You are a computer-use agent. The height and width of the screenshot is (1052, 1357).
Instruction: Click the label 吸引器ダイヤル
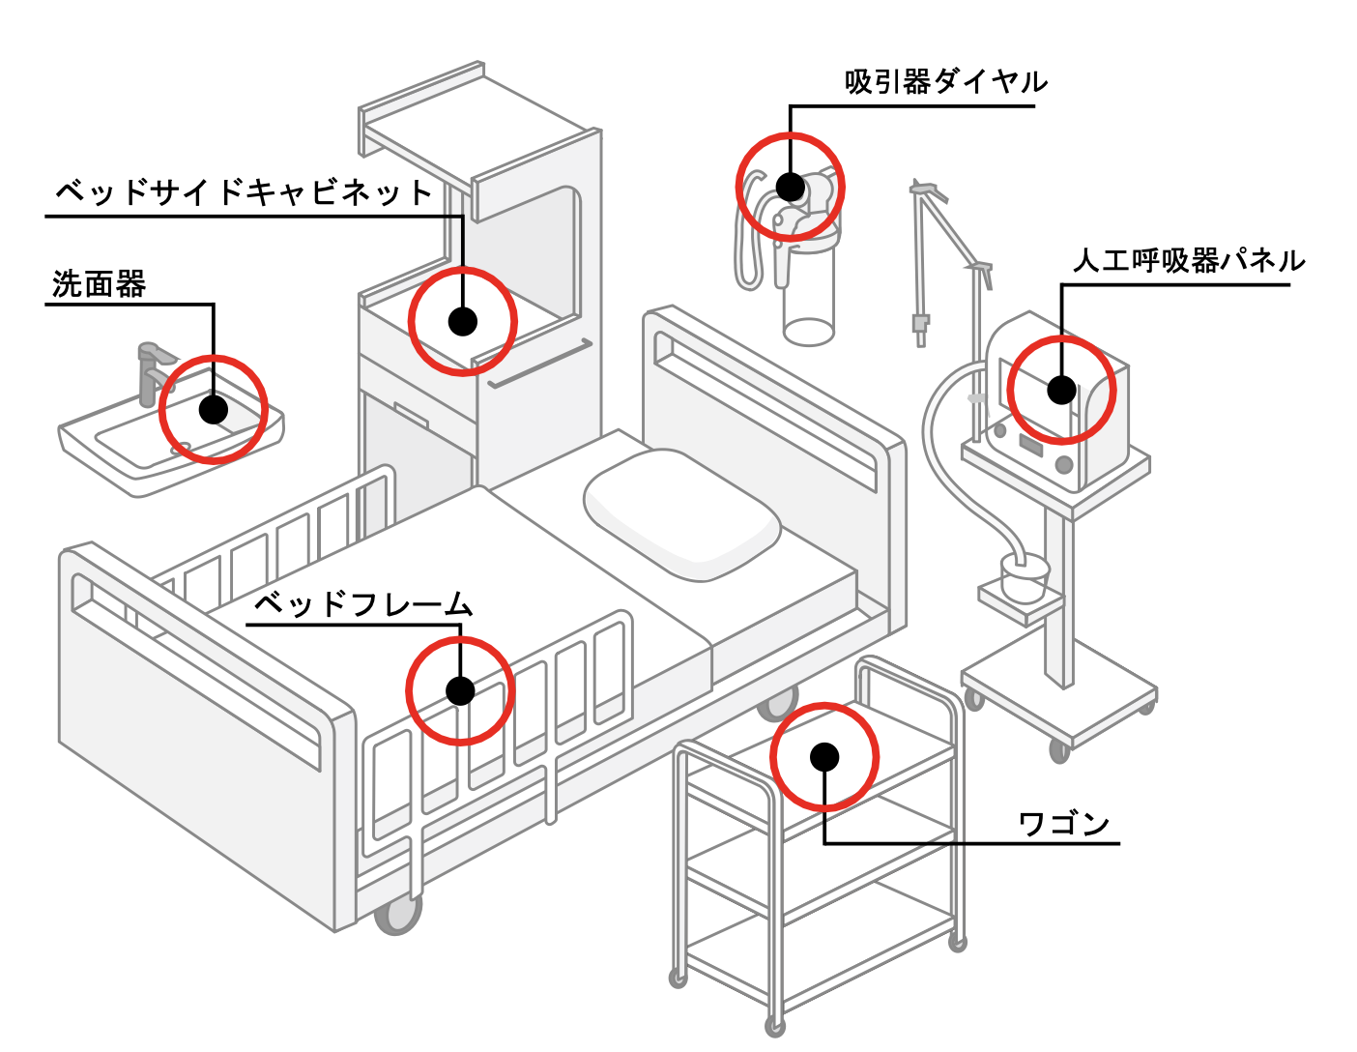[x=945, y=82]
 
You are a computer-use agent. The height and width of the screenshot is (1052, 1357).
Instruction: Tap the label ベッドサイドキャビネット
[x=243, y=192]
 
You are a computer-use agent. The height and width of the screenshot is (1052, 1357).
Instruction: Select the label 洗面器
[x=99, y=284]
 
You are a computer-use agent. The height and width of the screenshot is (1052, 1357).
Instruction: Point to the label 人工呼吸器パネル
[x=1189, y=261]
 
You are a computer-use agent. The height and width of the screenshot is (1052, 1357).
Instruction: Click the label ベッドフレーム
[x=362, y=604]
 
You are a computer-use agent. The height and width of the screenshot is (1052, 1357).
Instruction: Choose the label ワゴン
[x=1064, y=824]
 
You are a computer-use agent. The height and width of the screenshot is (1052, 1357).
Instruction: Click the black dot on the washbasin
[x=214, y=409]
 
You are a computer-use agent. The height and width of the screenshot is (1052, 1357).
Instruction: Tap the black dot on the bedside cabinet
[x=463, y=321]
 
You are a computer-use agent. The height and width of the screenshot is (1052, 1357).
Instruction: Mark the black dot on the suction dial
[x=791, y=187]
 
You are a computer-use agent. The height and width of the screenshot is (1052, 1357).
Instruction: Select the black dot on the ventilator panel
[x=1061, y=390]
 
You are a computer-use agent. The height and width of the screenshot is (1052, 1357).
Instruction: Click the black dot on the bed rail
[x=460, y=690]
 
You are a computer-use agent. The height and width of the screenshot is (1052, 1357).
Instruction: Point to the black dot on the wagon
[x=824, y=756]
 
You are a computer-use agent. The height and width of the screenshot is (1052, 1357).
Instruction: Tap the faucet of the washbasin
[x=151, y=371]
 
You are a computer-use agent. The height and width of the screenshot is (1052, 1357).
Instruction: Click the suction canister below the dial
[x=808, y=295]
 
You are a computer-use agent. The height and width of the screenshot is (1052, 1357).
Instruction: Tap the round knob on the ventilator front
[x=1064, y=465]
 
